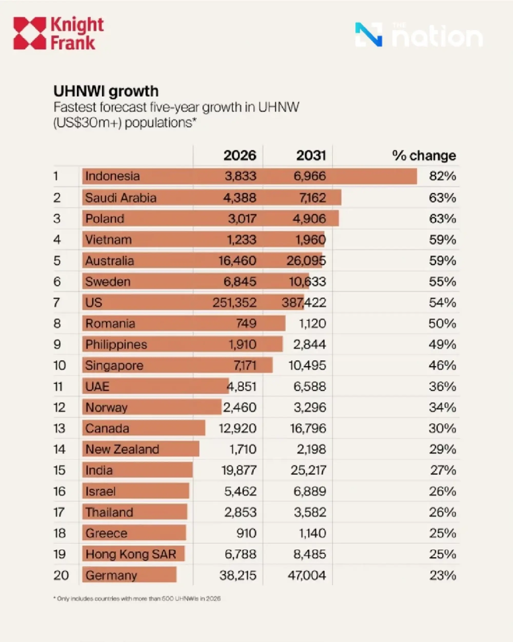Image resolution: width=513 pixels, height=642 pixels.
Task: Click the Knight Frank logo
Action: pyautogui.click(x=58, y=33)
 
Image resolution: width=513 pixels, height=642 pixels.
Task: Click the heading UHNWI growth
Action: pyautogui.click(x=106, y=91)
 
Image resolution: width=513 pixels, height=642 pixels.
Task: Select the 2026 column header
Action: pyautogui.click(x=240, y=156)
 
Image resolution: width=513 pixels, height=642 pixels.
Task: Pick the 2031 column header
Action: pyautogui.click(x=311, y=156)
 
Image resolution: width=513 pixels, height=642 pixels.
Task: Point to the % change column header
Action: pyautogui.click(x=424, y=156)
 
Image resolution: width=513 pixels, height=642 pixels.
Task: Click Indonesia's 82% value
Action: pyautogui.click(x=442, y=176)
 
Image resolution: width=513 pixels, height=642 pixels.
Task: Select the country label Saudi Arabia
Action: pyautogui.click(x=121, y=198)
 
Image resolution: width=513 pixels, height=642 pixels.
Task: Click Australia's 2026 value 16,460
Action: pyautogui.click(x=237, y=261)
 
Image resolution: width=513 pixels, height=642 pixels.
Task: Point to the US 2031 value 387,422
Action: pyautogui.click(x=304, y=303)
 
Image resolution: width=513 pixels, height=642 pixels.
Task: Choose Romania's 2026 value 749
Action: pyautogui.click(x=246, y=324)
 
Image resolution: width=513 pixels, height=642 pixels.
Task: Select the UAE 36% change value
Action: pyautogui.click(x=442, y=387)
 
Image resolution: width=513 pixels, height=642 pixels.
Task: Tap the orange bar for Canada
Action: pyautogui.click(x=143, y=428)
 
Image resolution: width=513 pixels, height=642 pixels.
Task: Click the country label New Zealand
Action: pyautogui.click(x=122, y=449)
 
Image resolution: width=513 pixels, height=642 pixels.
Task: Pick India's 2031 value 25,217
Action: pyautogui.click(x=308, y=471)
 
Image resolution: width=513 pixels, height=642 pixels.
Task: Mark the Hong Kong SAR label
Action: pyautogui.click(x=131, y=554)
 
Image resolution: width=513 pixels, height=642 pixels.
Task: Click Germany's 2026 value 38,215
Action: pyautogui.click(x=238, y=576)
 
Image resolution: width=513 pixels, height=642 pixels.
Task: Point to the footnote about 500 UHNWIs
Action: pyautogui.click(x=137, y=599)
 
